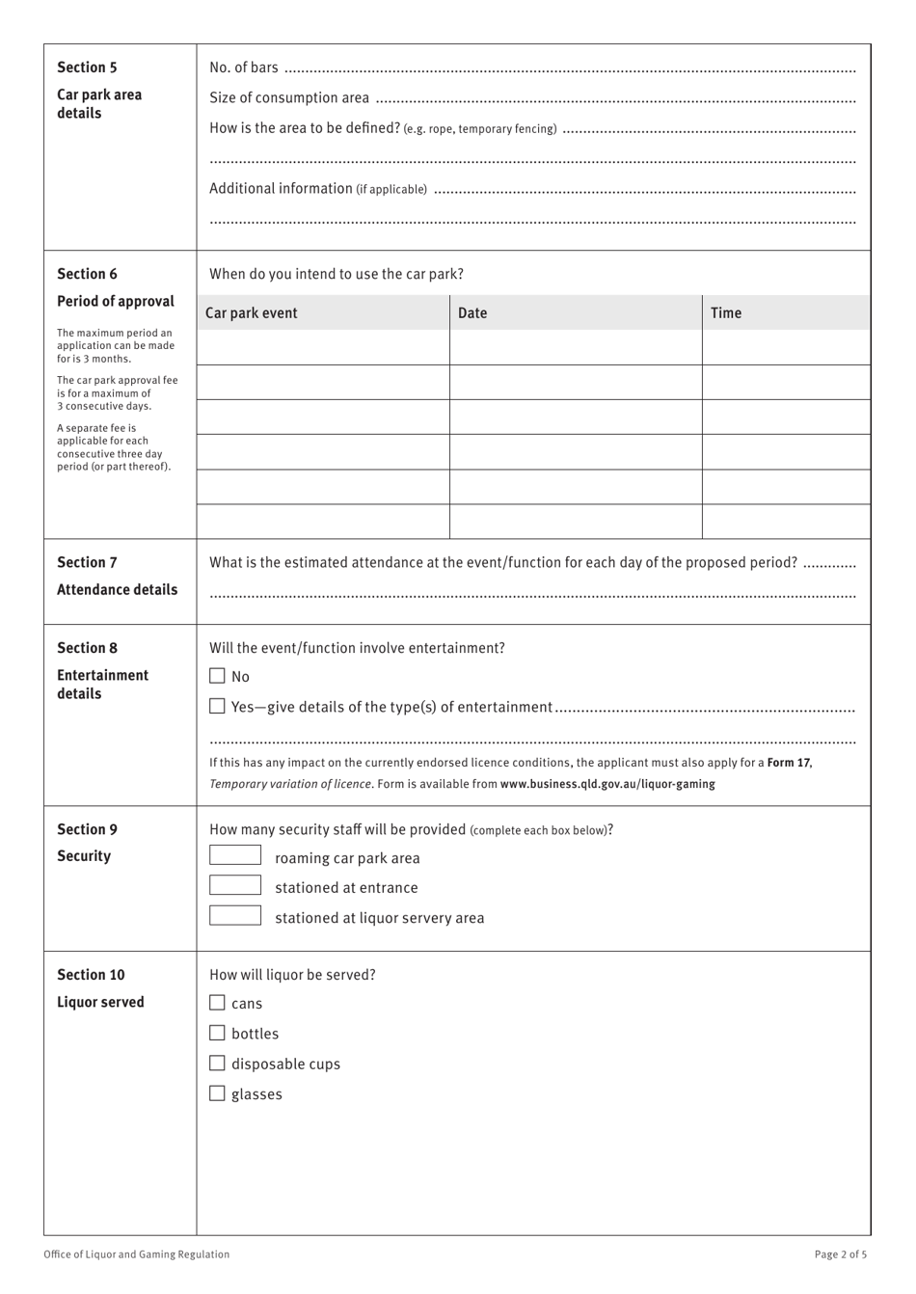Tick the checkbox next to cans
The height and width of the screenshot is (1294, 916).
coord(217,1003)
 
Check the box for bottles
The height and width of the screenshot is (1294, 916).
coord(217,1033)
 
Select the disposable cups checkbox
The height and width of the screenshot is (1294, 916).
coord(217,1064)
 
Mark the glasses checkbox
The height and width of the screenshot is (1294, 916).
coord(217,1093)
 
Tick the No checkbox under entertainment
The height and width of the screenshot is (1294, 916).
coord(217,676)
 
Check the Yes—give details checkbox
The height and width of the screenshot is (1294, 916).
coord(217,707)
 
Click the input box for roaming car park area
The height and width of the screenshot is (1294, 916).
coord(235,855)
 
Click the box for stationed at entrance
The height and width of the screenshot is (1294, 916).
coord(235,885)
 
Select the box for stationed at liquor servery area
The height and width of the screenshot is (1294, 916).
coord(235,915)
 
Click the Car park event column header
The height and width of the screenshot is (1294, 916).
coord(252,313)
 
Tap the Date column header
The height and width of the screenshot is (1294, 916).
coord(472,313)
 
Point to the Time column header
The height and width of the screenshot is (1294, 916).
coord(726,313)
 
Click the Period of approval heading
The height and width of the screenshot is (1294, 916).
coord(116,302)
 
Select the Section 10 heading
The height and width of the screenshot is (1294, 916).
coord(91,975)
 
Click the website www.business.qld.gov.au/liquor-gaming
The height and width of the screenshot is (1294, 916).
coord(607,784)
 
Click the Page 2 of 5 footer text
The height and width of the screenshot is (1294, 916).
coord(840,1254)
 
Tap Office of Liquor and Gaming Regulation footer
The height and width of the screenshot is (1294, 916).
coord(137,1254)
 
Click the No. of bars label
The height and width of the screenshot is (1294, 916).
coord(244,67)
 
